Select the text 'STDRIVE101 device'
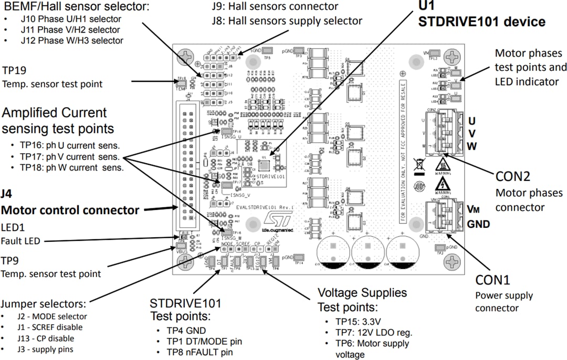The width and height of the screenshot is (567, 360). coord(481,22)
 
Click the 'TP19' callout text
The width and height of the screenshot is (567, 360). coord(14,70)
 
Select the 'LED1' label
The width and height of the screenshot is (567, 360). coord(13,229)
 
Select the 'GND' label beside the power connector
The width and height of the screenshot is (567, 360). coord(478,224)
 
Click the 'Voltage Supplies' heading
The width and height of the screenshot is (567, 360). coord(362,292)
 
